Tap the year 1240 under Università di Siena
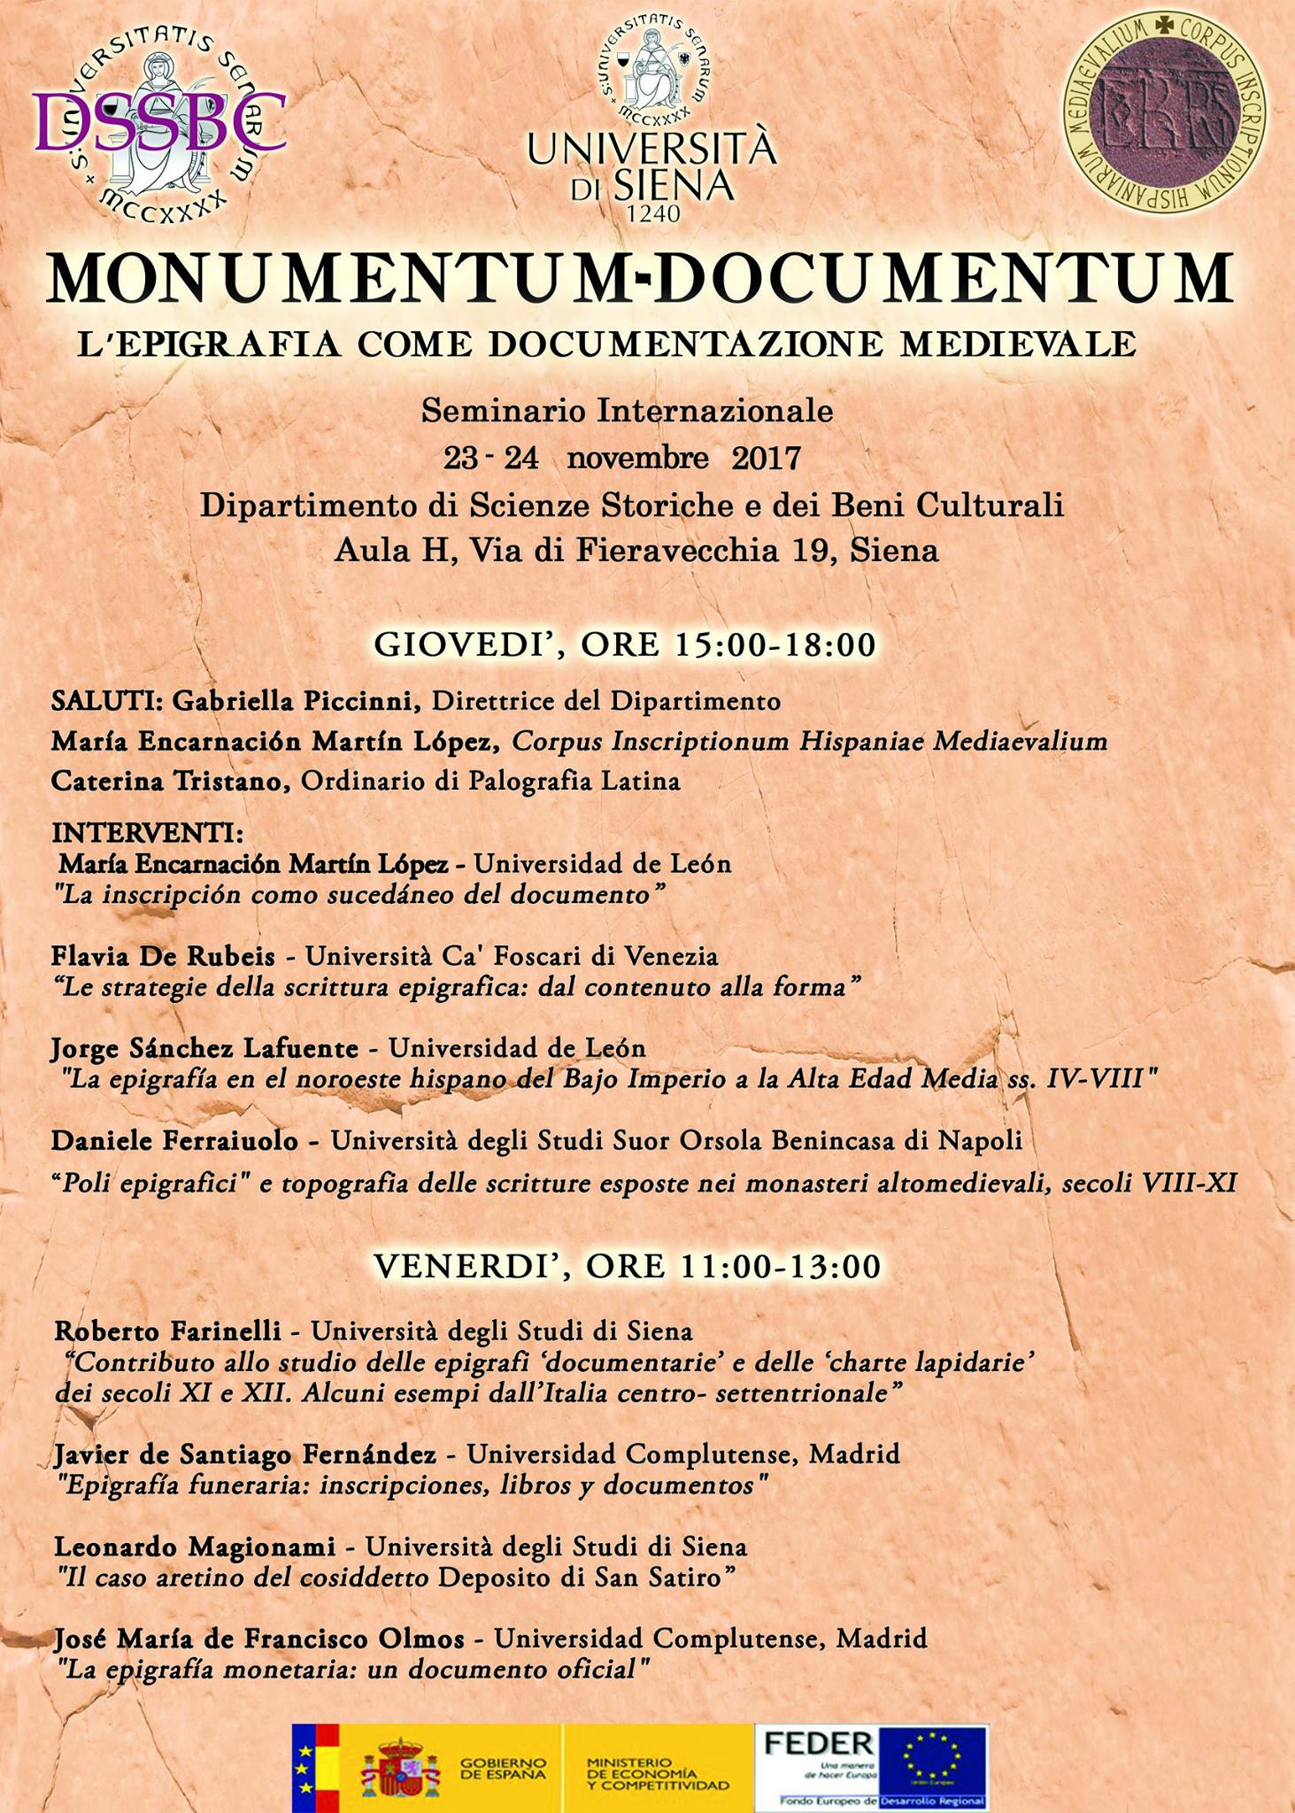pos(652,213)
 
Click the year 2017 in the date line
pos(766,459)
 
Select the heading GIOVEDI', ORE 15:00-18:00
pos(624,644)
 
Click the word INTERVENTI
pos(146,833)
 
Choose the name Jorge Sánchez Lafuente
pos(204,1048)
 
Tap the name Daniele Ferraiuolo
pos(174,1141)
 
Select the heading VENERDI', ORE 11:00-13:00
pos(627,1266)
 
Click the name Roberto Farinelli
pos(167,1331)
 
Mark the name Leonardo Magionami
pos(195,1547)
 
